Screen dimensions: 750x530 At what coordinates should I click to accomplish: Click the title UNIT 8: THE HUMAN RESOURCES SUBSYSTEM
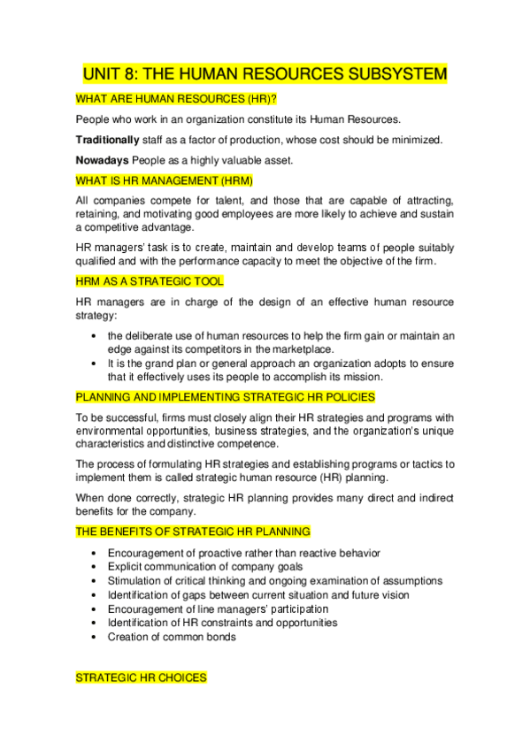pos(265,73)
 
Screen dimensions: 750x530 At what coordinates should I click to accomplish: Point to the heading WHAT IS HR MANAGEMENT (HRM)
pos(164,180)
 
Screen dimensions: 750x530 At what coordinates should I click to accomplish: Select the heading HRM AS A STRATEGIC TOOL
pos(150,280)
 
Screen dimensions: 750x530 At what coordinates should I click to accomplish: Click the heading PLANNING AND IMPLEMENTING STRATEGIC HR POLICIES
pos(226,396)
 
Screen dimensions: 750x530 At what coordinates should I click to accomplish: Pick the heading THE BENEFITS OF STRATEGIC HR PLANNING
pos(193,532)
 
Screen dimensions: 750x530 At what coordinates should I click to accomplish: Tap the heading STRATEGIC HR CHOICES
pos(141,677)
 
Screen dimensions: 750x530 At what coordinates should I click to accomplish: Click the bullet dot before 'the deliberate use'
pos(95,336)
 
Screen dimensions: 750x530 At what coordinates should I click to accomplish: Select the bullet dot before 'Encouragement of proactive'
pos(95,553)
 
